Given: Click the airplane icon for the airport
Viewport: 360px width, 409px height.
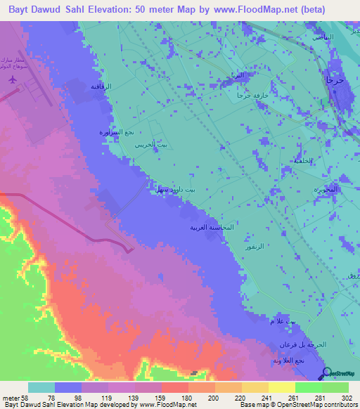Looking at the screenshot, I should click(x=12, y=82).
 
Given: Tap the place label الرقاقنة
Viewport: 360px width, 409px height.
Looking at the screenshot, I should click(x=102, y=86).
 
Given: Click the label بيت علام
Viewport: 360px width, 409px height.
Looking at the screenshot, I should click(x=274, y=321).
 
